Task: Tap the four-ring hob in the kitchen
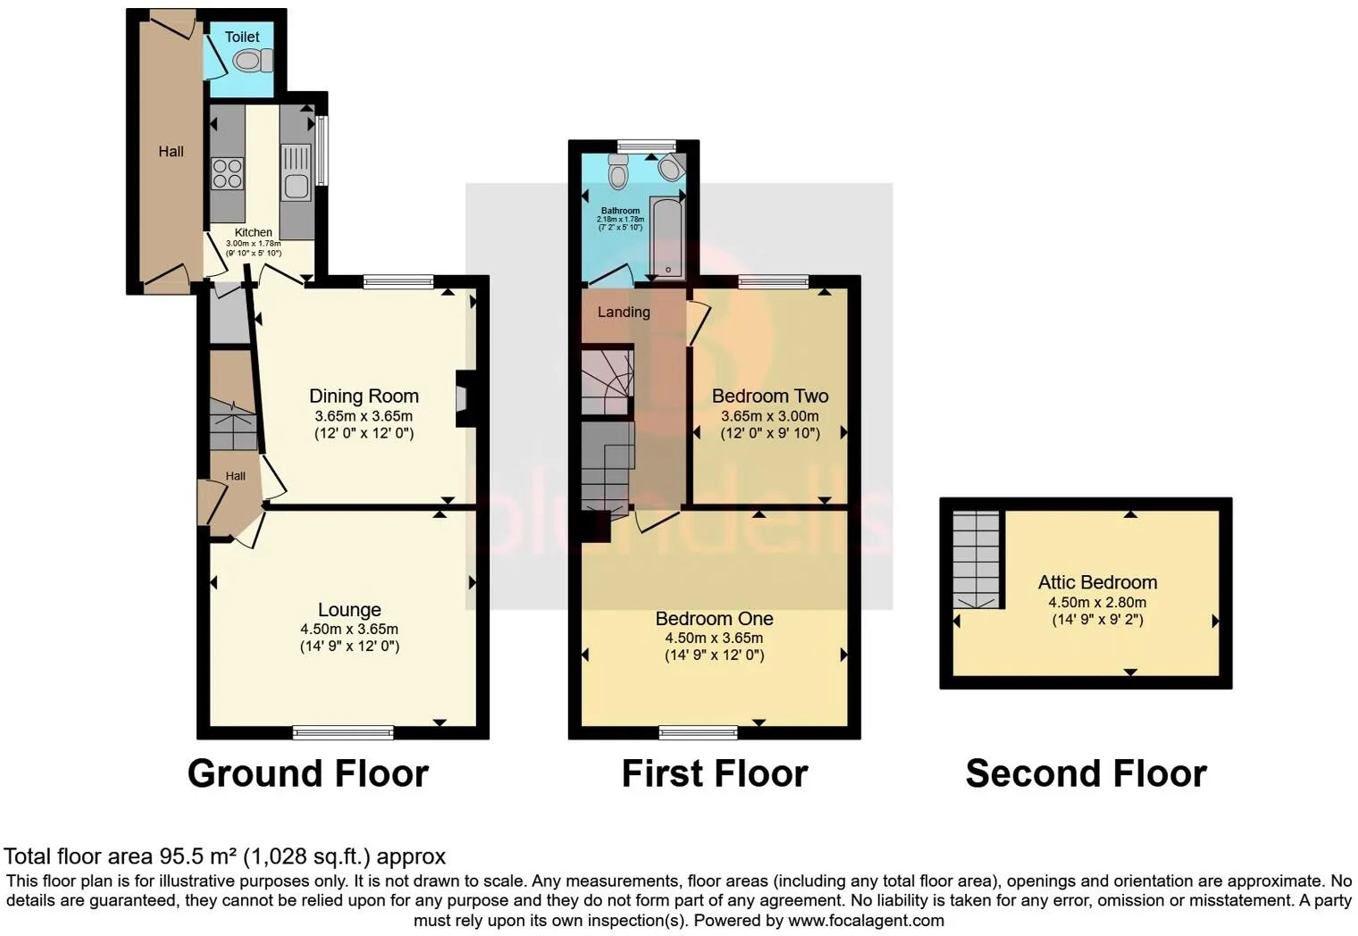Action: click(x=227, y=173)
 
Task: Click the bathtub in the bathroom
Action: click(x=667, y=238)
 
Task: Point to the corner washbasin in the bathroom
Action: click(x=672, y=167)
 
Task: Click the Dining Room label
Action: click(x=364, y=396)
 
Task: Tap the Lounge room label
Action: click(x=350, y=609)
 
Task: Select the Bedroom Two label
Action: click(x=770, y=396)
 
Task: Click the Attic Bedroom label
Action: click(x=1097, y=582)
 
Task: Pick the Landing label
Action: click(x=624, y=312)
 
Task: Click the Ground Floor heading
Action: click(x=308, y=773)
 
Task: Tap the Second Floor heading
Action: click(x=1086, y=773)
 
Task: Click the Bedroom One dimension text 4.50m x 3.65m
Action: click(x=714, y=638)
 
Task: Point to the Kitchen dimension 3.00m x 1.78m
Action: click(x=254, y=243)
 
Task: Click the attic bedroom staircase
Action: click(x=976, y=559)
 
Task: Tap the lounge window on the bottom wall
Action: click(x=343, y=732)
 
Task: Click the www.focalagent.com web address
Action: click(x=866, y=920)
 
